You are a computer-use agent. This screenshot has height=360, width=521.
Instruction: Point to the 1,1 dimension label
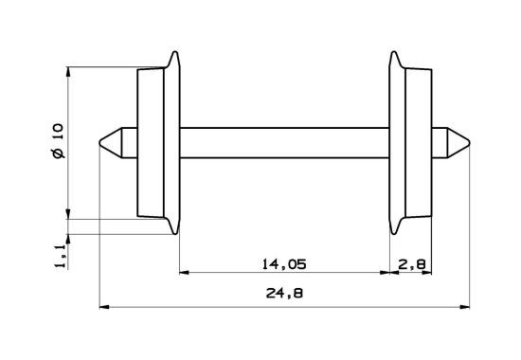tap(60, 253)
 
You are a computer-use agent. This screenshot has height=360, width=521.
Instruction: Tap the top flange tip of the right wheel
tap(393, 54)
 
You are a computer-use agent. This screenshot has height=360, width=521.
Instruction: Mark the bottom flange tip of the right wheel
tap(393, 232)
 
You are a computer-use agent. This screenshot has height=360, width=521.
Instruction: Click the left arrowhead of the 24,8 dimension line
tap(105, 307)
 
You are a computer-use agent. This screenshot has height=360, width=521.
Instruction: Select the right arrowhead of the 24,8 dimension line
tap(465, 307)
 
